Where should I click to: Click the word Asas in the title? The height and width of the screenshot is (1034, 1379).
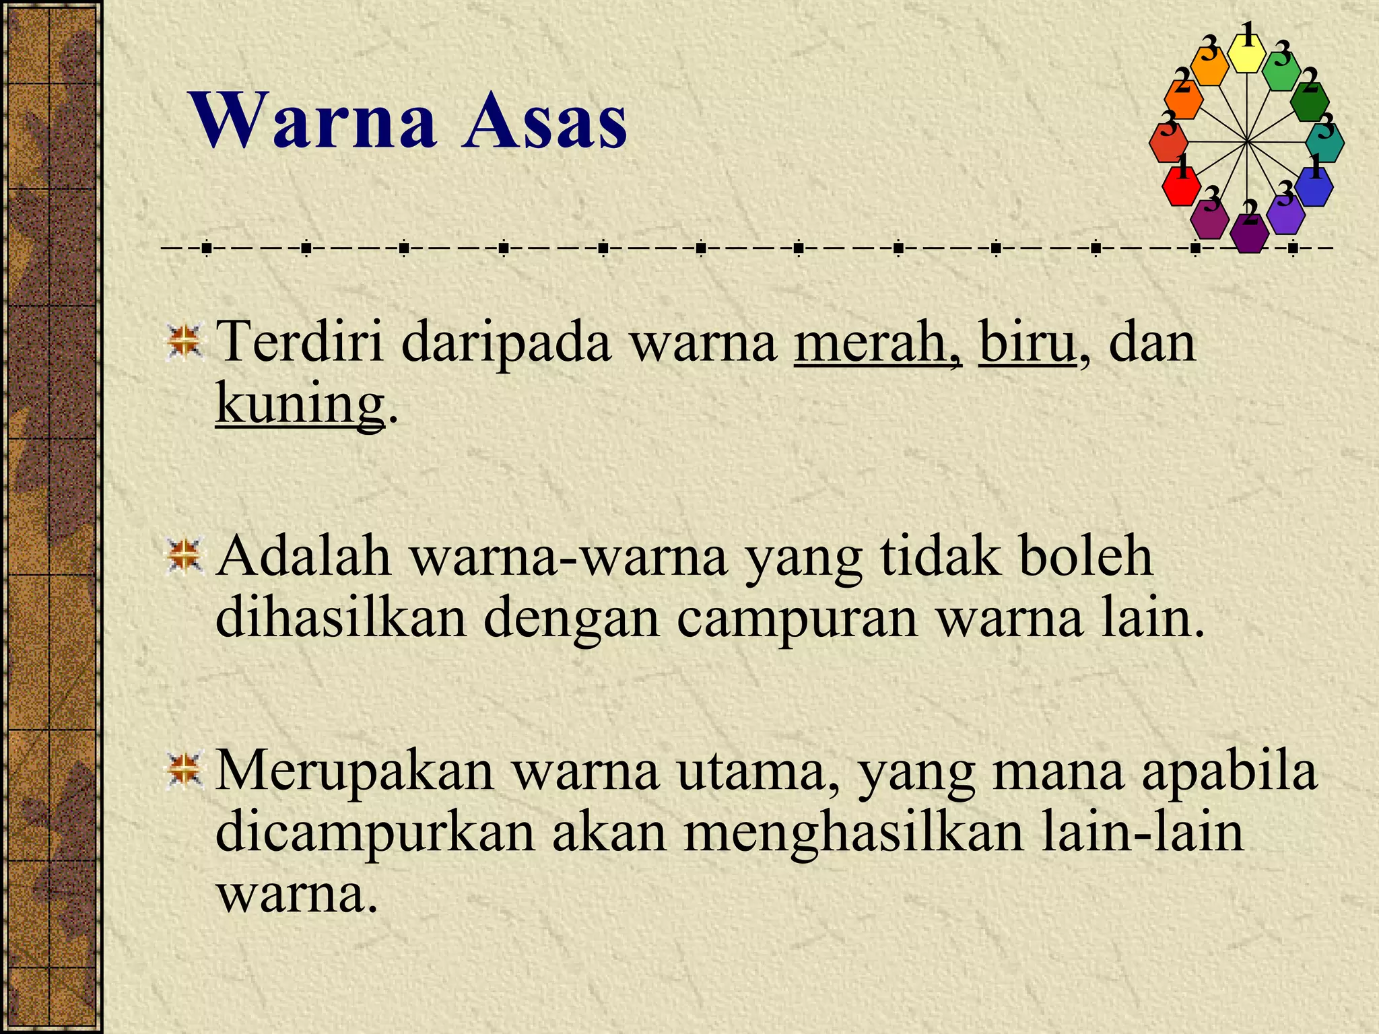[x=544, y=121]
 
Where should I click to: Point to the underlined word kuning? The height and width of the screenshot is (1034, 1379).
[x=300, y=404]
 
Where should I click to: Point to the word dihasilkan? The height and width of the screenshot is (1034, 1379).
[x=341, y=618]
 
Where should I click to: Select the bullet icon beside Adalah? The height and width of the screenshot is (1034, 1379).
[x=184, y=557]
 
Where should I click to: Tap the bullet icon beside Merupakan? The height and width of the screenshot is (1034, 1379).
[x=184, y=771]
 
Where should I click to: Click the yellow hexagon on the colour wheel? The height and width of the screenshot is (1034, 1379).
[x=1248, y=53]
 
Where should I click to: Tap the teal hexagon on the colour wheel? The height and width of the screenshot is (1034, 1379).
[x=1325, y=143]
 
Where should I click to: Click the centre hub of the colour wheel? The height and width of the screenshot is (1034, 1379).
[x=1247, y=142]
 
